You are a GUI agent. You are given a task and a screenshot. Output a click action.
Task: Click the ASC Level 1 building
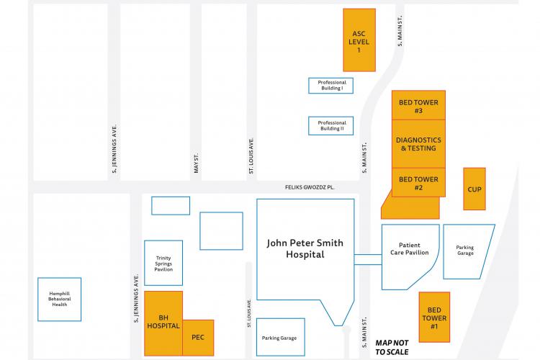pyautogui.click(x=359, y=40)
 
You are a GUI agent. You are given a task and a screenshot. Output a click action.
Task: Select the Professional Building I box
pyautogui.click(x=332, y=85)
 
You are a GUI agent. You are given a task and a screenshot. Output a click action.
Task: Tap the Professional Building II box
pyautogui.click(x=332, y=125)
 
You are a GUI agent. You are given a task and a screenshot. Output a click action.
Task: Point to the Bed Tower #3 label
pyautogui.click(x=419, y=107)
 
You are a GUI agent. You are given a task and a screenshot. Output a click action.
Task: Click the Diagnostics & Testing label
pyautogui.click(x=419, y=144)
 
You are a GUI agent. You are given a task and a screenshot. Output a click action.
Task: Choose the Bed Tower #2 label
pyautogui.click(x=419, y=183)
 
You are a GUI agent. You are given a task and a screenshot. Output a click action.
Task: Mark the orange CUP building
pyautogui.click(x=474, y=189)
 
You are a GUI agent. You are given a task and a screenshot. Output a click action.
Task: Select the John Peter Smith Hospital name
pyautogui.click(x=305, y=248)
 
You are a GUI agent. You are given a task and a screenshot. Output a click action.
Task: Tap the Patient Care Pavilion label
pyautogui.click(x=409, y=249)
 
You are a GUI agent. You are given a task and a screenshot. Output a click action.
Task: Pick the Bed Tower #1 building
pyautogui.click(x=434, y=318)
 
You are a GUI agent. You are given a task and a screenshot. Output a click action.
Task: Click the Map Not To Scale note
pyautogui.click(x=392, y=346)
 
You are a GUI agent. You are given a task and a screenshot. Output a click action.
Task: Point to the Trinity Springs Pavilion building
pyautogui.click(x=163, y=263)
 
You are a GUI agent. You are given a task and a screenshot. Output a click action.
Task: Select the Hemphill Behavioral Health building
pyautogui.click(x=60, y=299)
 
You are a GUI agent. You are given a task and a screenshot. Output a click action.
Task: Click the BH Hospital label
pyautogui.click(x=163, y=321)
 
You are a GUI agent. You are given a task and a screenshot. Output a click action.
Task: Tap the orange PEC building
pyautogui.click(x=198, y=337)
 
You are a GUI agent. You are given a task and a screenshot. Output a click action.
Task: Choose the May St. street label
pyautogui.click(x=196, y=162)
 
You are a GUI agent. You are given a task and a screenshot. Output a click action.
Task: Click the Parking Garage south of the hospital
pyautogui.click(x=279, y=337)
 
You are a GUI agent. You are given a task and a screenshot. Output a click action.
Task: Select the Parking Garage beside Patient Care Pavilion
pyautogui.click(x=466, y=251)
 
